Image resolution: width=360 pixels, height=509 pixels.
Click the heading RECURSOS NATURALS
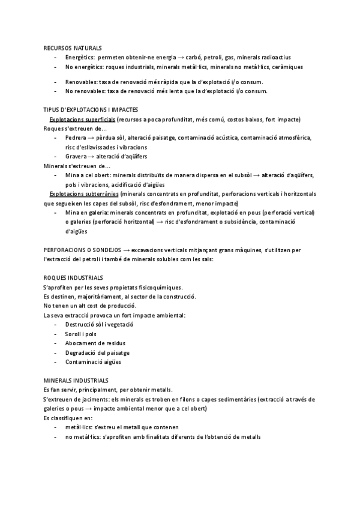pyautogui.click(x=73, y=47)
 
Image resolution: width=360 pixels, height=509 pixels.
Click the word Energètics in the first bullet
pyautogui.click(x=80, y=56)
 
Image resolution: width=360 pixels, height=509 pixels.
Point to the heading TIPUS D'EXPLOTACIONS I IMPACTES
pyautogui.click(x=91, y=110)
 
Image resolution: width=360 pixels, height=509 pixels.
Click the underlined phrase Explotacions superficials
pyautogui.click(x=83, y=120)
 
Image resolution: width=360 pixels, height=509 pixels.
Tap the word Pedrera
pyautogui.click(x=76, y=137)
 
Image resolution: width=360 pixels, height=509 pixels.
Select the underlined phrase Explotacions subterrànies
pyautogui.click(x=84, y=194)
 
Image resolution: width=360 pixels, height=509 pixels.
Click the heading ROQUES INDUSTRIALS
pyautogui.click(x=73, y=278)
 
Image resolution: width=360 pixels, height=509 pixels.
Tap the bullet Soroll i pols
pyautogui.click(x=80, y=334)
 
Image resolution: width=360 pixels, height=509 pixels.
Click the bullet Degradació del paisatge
pyautogui.click(x=97, y=352)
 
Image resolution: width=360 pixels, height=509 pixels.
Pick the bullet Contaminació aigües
pyautogui.click(x=93, y=362)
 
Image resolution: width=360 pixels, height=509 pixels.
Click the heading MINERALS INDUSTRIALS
pyautogui.click(x=76, y=381)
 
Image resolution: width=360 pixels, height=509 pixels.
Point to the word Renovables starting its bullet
pyautogui.click(x=82, y=82)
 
